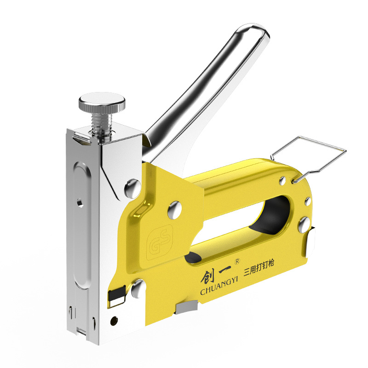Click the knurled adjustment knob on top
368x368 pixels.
[102, 103]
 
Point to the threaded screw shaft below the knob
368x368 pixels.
[101, 124]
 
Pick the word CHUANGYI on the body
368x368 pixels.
[219, 288]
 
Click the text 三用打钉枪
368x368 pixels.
[259, 268]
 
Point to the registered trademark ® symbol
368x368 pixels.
[237, 261]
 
